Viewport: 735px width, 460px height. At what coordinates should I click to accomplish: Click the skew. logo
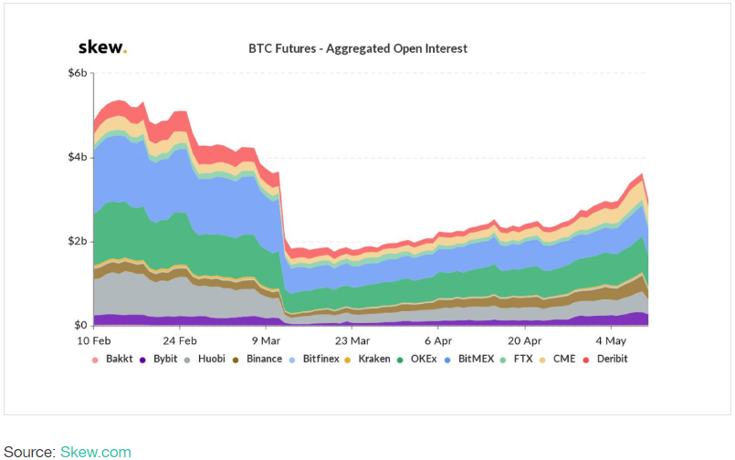tap(101, 47)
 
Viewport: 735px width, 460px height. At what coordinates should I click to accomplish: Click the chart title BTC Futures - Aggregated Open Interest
tap(358, 48)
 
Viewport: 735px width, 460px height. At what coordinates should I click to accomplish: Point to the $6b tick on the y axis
tap(78, 73)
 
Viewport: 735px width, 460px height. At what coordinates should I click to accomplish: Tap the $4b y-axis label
tap(78, 158)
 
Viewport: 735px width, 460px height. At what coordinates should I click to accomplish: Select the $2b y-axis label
tap(78, 242)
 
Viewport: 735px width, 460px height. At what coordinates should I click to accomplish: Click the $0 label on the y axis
tap(80, 326)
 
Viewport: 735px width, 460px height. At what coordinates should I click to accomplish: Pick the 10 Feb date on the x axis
tap(94, 340)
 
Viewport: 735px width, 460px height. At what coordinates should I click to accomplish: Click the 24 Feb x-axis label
tap(180, 340)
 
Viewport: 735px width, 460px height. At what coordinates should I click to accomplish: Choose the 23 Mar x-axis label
tap(352, 340)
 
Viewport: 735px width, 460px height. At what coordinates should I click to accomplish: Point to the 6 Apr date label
tap(438, 340)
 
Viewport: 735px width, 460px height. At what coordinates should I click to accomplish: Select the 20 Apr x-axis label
tap(524, 340)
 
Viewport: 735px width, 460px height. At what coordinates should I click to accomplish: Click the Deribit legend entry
tap(611, 359)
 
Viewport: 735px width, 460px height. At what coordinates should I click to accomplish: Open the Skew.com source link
tap(96, 452)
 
